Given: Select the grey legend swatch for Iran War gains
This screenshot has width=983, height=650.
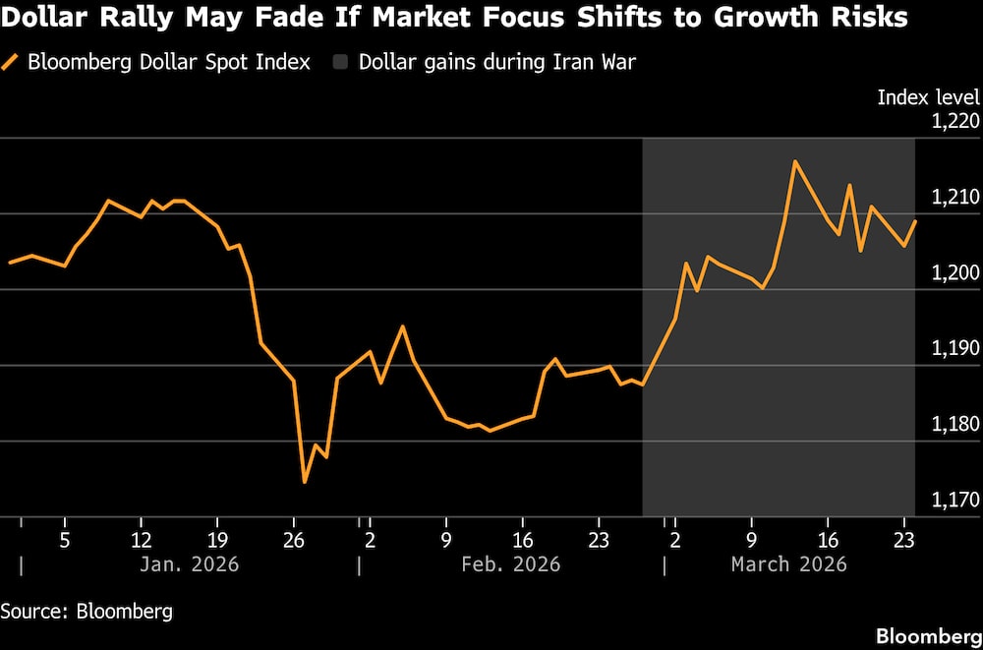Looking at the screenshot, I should tap(340, 63).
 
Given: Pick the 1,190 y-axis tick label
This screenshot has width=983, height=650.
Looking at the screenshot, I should tap(954, 349).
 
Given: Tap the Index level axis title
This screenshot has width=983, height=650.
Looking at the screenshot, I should tap(928, 97).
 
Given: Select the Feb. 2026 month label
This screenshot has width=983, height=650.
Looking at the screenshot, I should tap(511, 564).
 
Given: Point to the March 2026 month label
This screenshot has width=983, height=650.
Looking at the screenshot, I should tap(788, 564).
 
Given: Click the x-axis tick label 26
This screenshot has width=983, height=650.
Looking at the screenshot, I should tap(293, 540).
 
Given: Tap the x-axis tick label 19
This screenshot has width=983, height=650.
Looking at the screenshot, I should tap(217, 540).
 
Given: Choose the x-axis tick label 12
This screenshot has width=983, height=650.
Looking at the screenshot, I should tap(141, 540).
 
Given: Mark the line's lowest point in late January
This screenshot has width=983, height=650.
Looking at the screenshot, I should tap(305, 482).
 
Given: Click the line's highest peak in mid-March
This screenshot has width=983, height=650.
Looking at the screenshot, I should tap(794, 161).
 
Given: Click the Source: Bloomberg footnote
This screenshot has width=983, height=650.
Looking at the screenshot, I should tap(87, 611).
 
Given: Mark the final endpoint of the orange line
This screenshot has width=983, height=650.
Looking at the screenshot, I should tap(915, 221).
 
